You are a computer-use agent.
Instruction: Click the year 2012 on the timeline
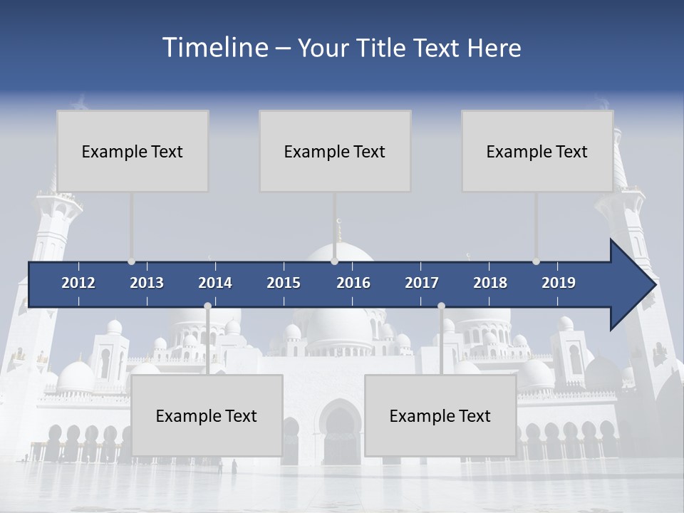pos(78,283)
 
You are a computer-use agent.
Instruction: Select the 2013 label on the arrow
pos(147,283)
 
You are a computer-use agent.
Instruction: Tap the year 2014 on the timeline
pos(215,283)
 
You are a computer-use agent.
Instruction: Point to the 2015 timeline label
pos(284,283)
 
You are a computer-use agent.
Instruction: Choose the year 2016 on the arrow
pos(353,283)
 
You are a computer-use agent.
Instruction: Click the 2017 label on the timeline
pos(422,283)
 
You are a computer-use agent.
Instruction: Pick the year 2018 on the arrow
pos(490,283)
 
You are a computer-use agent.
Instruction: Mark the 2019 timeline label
pos(559,283)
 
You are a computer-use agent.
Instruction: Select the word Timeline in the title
pos(214,48)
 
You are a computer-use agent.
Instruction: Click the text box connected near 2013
pos(133,151)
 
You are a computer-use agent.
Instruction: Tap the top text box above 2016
pos(335,151)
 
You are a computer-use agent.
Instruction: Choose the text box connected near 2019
pos(537,151)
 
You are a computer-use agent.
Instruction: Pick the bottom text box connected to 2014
pos(207,415)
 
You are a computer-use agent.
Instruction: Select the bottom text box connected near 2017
pos(440,415)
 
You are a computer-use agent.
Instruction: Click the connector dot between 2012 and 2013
pos(131,261)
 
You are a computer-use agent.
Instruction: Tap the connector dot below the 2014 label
pos(207,306)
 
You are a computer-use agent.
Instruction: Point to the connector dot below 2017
pos(441,306)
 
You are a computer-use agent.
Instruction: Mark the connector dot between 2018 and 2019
pos(536,261)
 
